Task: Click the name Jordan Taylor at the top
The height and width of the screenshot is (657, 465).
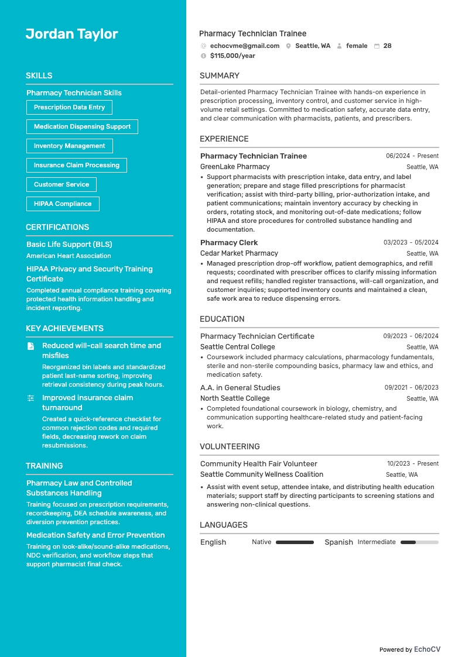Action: [71, 34]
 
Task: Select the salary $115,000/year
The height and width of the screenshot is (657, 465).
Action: [232, 56]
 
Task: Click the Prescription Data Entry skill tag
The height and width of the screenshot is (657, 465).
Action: [69, 107]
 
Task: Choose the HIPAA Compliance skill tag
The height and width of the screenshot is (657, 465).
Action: [63, 204]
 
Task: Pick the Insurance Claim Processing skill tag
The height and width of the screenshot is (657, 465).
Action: [76, 165]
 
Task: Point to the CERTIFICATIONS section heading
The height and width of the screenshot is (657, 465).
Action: [57, 227]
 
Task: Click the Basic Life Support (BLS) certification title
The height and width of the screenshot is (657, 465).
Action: [69, 244]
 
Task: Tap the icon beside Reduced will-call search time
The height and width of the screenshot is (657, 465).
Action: [31, 346]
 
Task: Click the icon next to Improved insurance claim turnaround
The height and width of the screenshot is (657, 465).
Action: [31, 398]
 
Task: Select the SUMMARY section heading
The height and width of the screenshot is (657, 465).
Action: [220, 75]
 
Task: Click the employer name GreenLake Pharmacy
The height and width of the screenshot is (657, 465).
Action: [235, 167]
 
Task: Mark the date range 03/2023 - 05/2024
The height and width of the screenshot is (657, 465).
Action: [411, 242]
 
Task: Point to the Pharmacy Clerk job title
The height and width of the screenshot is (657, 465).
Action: [229, 242]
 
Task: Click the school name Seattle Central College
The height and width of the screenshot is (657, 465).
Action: [237, 347]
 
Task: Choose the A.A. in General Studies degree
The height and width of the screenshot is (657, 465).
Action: [240, 387]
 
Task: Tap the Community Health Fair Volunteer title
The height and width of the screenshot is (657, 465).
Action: [258, 463]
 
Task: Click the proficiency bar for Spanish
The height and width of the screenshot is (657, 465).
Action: [419, 542]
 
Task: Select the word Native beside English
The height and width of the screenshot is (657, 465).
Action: [261, 542]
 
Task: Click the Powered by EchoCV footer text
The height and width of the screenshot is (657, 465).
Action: [409, 649]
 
